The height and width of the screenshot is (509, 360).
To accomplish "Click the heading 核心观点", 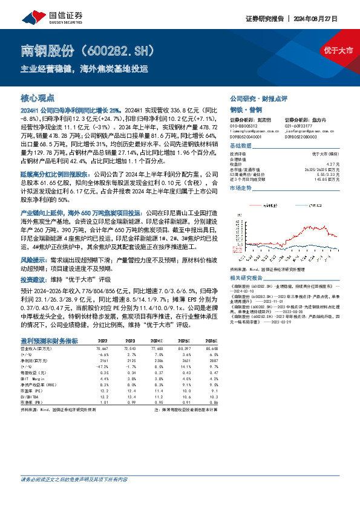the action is click(38, 97).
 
